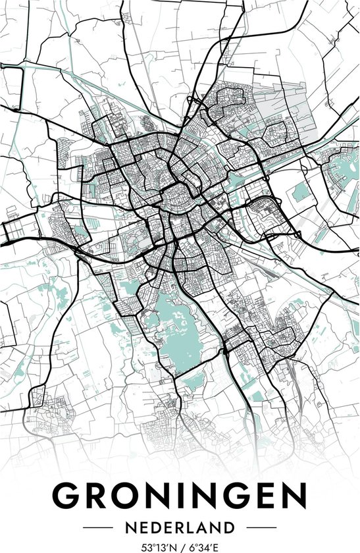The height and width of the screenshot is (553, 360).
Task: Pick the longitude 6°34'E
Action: click(205, 546)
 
